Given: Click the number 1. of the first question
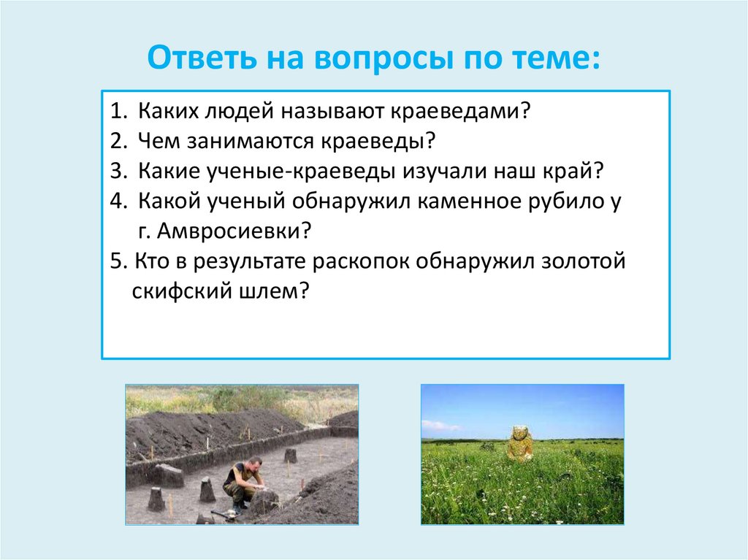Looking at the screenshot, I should tap(120, 111).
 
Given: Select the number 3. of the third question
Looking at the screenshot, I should tap(120, 171).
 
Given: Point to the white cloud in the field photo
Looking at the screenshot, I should tap(440, 426).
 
